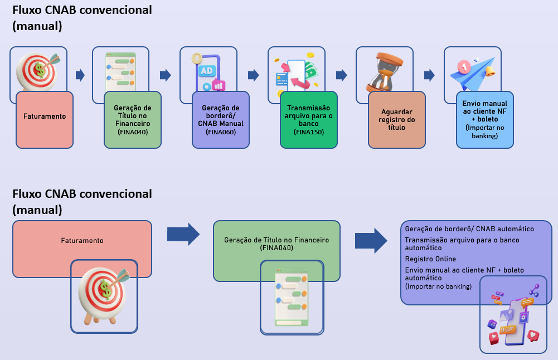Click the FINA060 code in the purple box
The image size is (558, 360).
pos(220,133)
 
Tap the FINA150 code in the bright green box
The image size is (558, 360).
pos(308,133)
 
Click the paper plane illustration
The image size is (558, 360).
pos(473,73)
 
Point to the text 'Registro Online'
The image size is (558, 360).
pos(430,259)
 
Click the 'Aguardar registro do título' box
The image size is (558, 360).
pos(396,119)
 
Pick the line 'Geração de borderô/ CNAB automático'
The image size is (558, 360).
pos(469,229)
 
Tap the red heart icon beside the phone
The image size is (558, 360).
pos(533,336)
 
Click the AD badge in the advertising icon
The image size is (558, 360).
pos(206,71)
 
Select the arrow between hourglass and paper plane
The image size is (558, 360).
pos(429,75)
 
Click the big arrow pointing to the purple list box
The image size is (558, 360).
pos(371,241)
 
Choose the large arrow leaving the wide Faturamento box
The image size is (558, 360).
pos(183,234)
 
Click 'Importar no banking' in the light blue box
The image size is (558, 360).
pos(484,132)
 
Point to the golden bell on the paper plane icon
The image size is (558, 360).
pos(491,71)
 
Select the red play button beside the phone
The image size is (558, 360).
pos(493,338)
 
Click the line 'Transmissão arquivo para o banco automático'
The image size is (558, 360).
pos(462,244)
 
